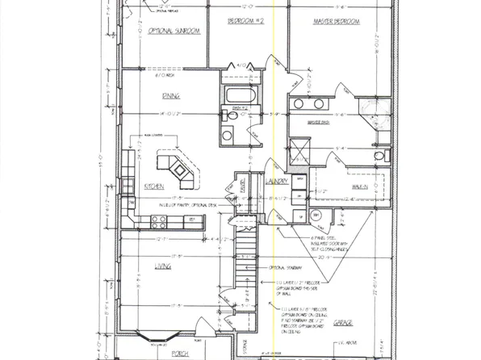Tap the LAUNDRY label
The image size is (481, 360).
tap(276, 183)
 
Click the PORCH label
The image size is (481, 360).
tap(177, 353)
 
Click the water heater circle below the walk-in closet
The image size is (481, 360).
tap(315, 215)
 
